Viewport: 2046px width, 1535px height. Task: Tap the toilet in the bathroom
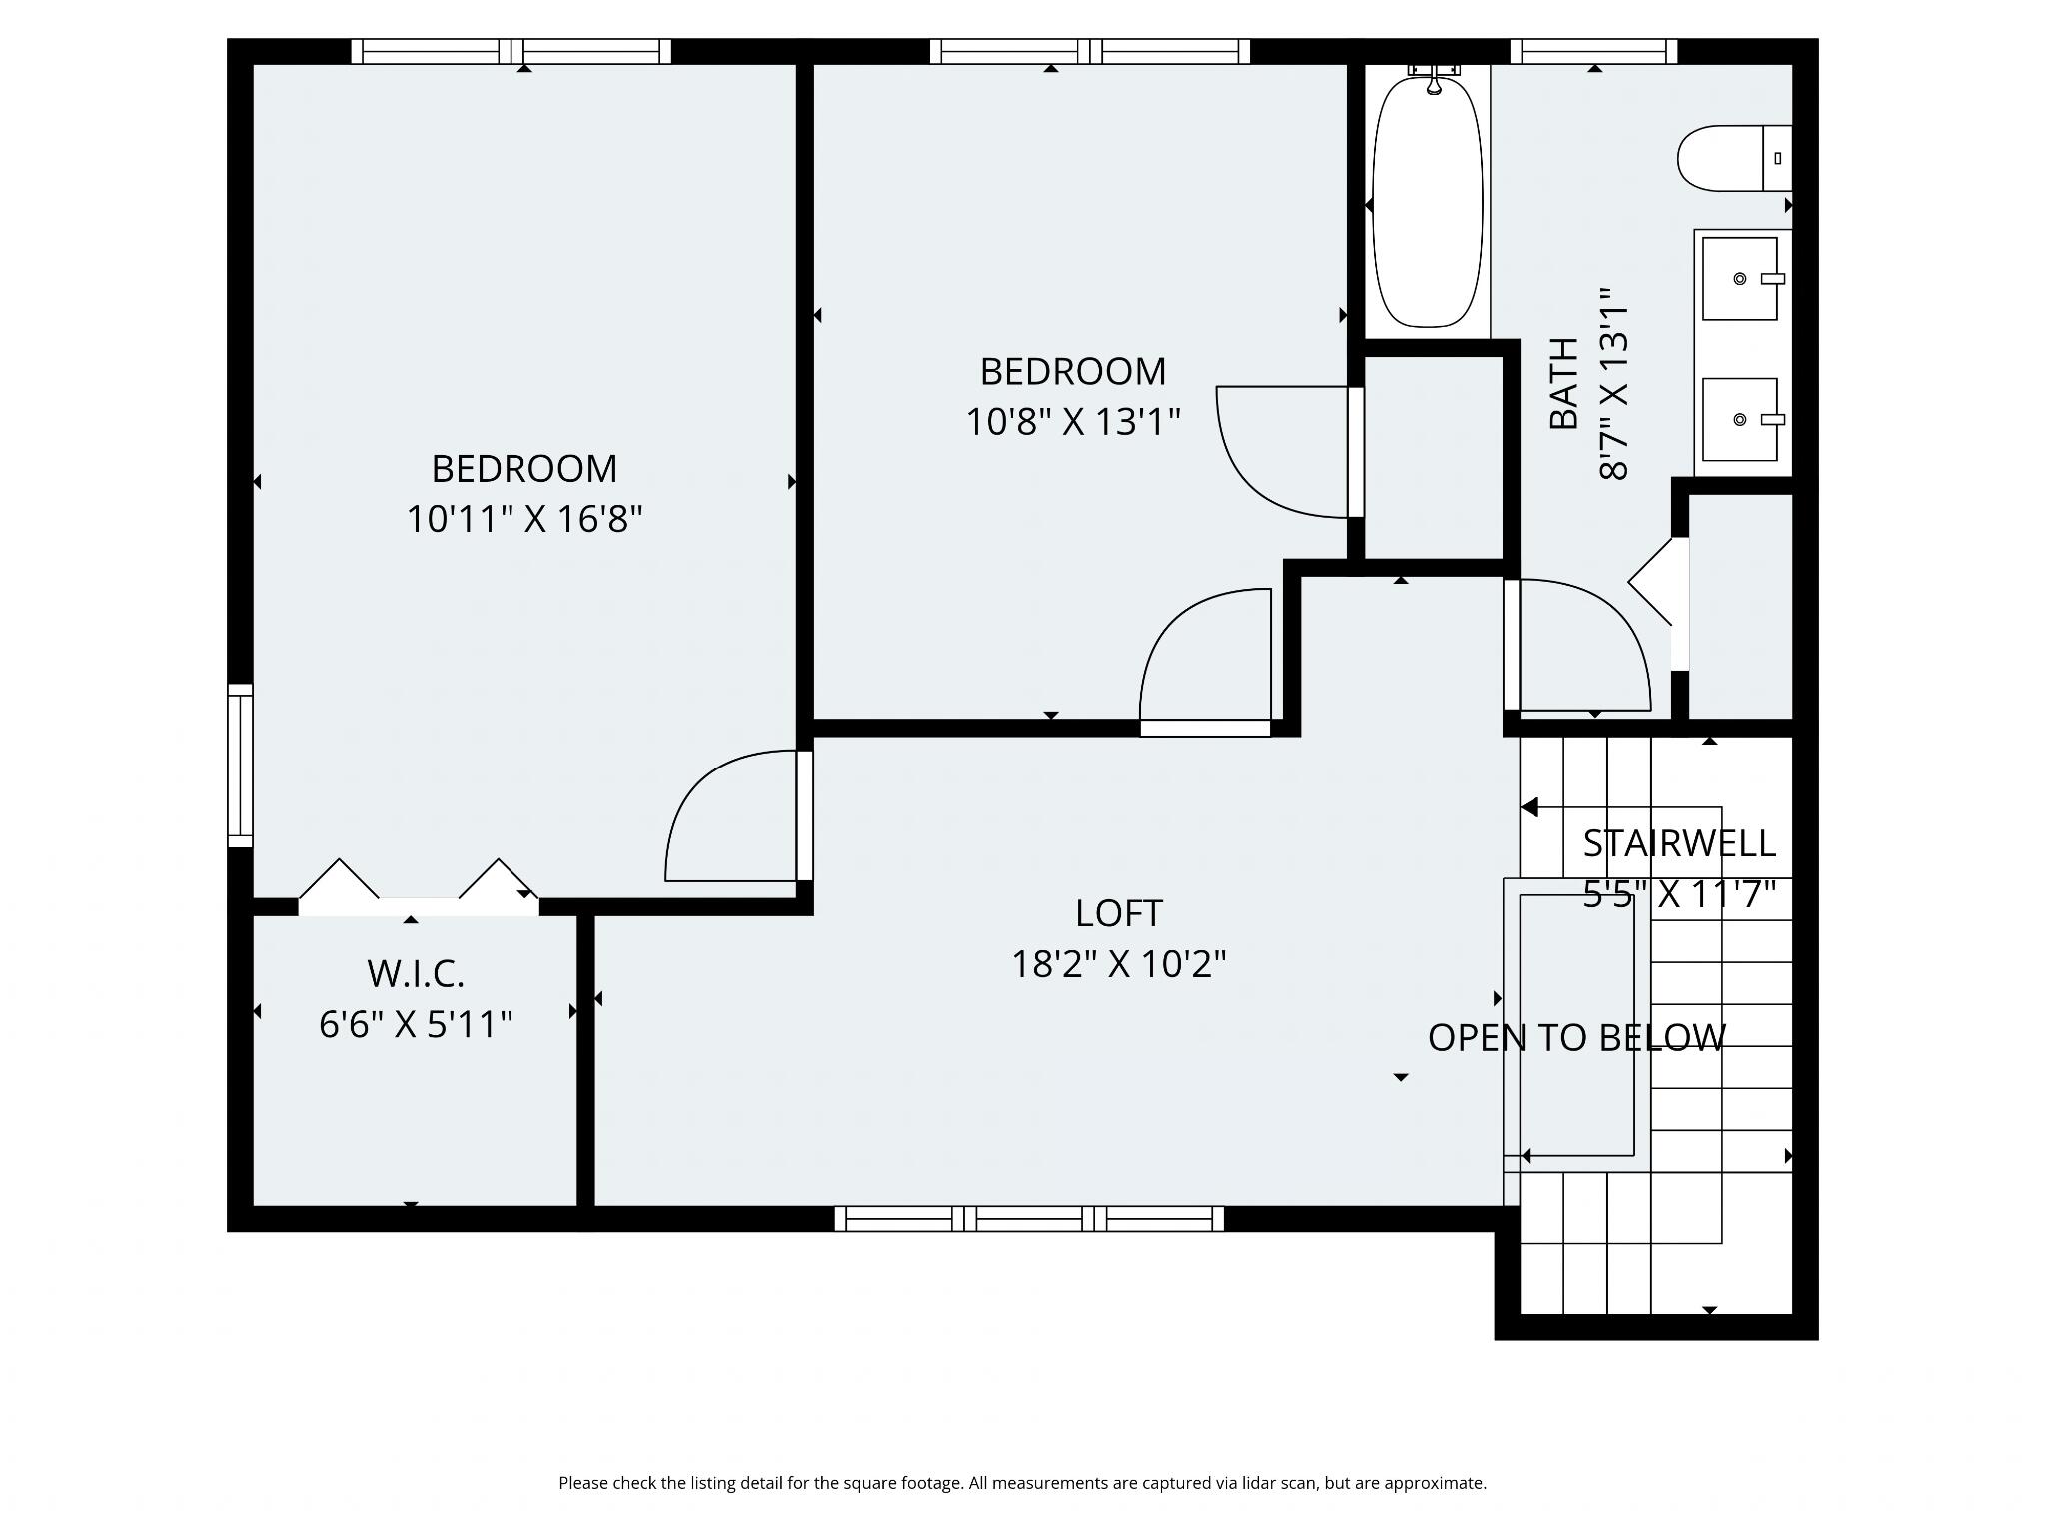(1735, 158)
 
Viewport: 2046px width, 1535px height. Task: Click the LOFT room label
(1118, 913)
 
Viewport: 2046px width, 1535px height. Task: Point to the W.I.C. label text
(416, 973)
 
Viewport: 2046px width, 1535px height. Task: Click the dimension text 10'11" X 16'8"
(524, 520)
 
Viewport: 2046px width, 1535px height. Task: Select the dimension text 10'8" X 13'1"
(1073, 422)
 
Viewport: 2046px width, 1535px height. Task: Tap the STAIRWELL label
(1679, 844)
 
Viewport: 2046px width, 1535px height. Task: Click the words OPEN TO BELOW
(1576, 1038)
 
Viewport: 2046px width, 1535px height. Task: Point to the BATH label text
(1564, 384)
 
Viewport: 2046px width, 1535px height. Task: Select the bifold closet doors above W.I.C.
(419, 886)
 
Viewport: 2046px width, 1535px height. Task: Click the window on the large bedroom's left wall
(240, 766)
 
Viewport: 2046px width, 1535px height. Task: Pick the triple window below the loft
(1029, 1218)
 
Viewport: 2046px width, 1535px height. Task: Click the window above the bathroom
(1593, 51)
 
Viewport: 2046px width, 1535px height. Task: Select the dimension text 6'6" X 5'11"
(416, 1024)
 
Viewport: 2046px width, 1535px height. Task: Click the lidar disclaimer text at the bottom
(1022, 1483)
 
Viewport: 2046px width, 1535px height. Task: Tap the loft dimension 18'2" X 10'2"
(1119, 964)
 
